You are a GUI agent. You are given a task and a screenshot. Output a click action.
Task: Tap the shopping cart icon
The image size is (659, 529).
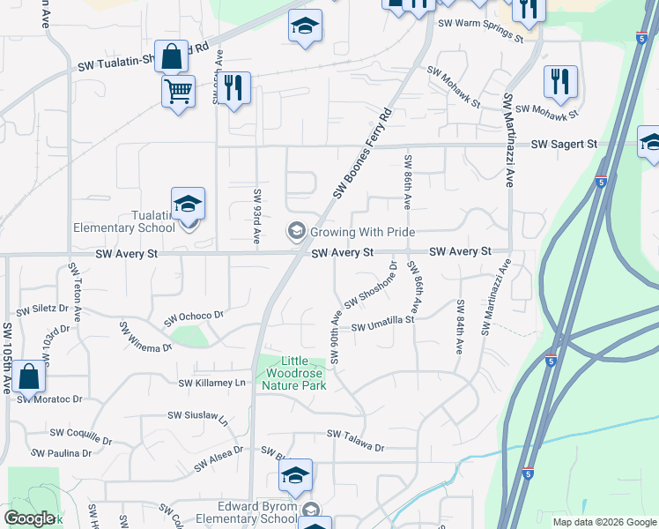(178, 92)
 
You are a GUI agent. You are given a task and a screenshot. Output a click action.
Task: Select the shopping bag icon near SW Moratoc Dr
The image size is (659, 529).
(28, 377)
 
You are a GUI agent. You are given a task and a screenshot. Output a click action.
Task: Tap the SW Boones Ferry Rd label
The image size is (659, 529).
(362, 154)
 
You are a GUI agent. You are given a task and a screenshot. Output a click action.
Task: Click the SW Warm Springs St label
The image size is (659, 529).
(480, 24)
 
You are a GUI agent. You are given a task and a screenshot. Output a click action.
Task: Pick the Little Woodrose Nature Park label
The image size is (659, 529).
(292, 373)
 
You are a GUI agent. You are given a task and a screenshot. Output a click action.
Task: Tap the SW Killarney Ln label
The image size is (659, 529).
(211, 384)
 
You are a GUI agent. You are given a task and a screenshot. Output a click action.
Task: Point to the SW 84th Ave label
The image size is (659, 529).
(459, 327)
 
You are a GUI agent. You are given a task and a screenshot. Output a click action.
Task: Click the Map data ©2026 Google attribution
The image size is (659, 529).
(603, 522)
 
